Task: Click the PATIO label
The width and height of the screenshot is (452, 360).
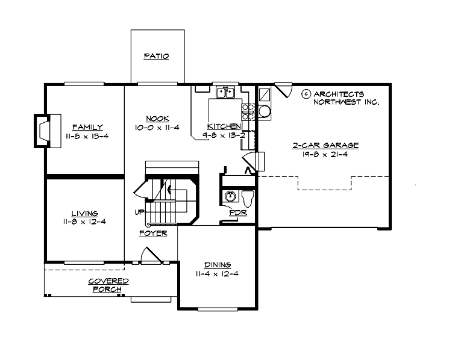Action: click(x=156, y=57)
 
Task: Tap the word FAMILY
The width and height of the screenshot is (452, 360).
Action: click(x=87, y=127)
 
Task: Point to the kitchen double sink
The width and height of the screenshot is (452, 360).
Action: click(x=225, y=92)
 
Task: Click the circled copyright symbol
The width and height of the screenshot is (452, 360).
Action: click(x=306, y=94)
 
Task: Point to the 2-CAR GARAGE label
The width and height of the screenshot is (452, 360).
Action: click(x=326, y=145)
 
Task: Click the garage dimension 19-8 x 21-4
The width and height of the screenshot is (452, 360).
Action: click(x=326, y=154)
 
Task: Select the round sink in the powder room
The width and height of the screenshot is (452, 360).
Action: click(x=230, y=197)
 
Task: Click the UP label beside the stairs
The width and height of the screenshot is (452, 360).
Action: click(x=138, y=213)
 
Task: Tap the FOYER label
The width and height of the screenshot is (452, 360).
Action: click(x=152, y=233)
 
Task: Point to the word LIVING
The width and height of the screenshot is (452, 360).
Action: click(x=84, y=213)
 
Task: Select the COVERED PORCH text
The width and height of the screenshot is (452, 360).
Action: click(x=108, y=285)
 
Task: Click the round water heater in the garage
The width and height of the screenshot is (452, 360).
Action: click(x=264, y=111)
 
